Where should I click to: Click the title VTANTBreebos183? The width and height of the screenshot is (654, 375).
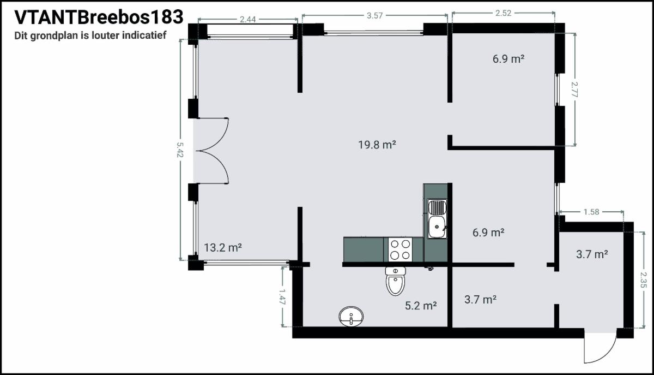pyautogui.click(x=99, y=17)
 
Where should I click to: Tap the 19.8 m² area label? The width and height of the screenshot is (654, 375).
pyautogui.click(x=377, y=145)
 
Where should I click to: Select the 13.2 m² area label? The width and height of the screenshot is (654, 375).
pyautogui.click(x=223, y=247)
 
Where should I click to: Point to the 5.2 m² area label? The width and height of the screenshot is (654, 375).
pyautogui.click(x=421, y=305)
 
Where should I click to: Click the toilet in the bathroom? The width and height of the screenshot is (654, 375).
pyautogui.click(x=395, y=281)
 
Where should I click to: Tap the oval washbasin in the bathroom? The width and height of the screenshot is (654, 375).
pyautogui.click(x=351, y=316)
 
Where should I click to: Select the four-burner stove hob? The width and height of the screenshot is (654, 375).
pyautogui.click(x=400, y=249)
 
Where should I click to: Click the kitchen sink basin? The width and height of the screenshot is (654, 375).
pyautogui.click(x=437, y=227)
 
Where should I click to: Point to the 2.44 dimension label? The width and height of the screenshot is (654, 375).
pyautogui.click(x=247, y=19)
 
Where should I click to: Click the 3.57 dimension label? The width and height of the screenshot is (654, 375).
pyautogui.click(x=374, y=15)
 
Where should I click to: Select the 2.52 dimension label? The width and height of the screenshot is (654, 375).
pyautogui.click(x=504, y=13)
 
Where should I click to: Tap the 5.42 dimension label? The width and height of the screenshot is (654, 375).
pyautogui.click(x=180, y=150)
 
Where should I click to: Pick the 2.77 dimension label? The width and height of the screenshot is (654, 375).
pyautogui.click(x=574, y=90)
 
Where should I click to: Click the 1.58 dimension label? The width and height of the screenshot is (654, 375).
pyautogui.click(x=591, y=211)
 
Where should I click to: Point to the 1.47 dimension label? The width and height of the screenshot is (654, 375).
pyautogui.click(x=282, y=297)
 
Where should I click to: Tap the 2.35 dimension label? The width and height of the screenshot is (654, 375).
pyautogui.click(x=644, y=280)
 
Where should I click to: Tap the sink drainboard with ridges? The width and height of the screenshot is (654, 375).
pyautogui.click(x=437, y=207)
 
